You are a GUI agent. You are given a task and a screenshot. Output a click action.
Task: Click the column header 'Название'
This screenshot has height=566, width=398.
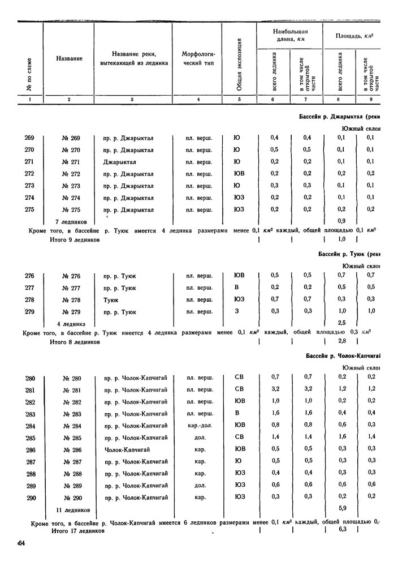tap(70, 58)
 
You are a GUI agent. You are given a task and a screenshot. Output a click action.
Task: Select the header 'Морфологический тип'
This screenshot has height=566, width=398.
tap(198, 58)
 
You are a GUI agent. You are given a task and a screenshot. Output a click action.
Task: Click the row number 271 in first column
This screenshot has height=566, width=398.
tap(30, 161)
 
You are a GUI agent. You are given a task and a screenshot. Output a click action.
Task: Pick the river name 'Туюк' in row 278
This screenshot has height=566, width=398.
tap(111, 299)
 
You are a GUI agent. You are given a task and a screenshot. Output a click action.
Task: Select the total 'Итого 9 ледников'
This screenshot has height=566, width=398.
tap(75, 240)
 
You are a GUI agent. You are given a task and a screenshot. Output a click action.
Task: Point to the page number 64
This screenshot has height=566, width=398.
tap(21, 544)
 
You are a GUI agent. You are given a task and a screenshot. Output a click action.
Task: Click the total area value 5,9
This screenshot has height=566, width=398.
tap(341, 508)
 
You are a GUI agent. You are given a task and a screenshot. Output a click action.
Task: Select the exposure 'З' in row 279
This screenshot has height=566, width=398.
tap(238, 311)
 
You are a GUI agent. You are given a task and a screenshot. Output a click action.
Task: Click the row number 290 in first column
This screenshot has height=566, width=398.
tap(30, 497)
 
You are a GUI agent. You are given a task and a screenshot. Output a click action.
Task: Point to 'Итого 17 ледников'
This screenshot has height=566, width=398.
tap(77, 531)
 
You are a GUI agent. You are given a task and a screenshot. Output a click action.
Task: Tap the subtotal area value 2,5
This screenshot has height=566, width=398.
tap(341, 323)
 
